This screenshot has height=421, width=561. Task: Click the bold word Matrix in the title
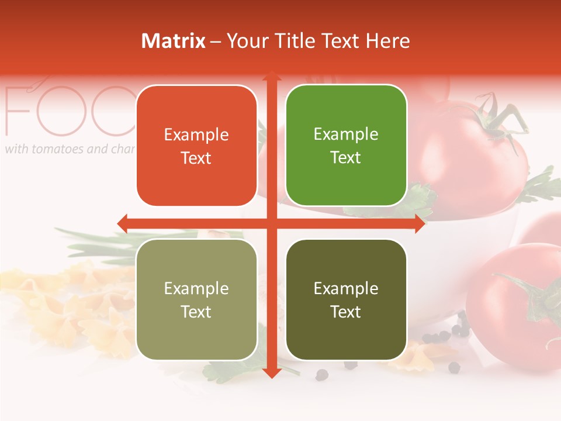pyautogui.click(x=174, y=41)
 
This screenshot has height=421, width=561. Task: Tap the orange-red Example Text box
pyautogui.click(x=196, y=146)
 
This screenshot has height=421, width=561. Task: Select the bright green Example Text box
pyautogui.click(x=346, y=146)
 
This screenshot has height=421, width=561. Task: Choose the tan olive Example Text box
pyautogui.click(x=196, y=299)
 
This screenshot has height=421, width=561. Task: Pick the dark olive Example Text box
pyautogui.click(x=346, y=299)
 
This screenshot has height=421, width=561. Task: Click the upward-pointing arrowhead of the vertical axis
pyautogui.click(x=271, y=76)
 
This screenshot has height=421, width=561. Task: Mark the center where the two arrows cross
pyautogui.click(x=271, y=223)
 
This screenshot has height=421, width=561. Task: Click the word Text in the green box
pyautogui.click(x=346, y=158)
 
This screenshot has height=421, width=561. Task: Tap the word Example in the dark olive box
pyautogui.click(x=346, y=288)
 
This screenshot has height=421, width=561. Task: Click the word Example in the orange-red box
pyautogui.click(x=196, y=134)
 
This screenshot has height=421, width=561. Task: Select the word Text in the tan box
pyautogui.click(x=196, y=312)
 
